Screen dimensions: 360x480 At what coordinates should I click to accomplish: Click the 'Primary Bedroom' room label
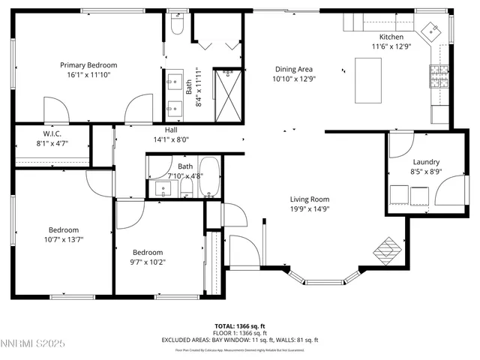[x=88, y=65]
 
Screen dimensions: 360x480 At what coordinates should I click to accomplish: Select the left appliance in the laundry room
[x=400, y=193]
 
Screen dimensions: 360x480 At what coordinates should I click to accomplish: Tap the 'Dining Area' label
[x=292, y=68]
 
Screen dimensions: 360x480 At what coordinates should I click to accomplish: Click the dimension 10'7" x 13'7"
[x=64, y=240]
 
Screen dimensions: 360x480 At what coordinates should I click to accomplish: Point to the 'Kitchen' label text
[x=391, y=37]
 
